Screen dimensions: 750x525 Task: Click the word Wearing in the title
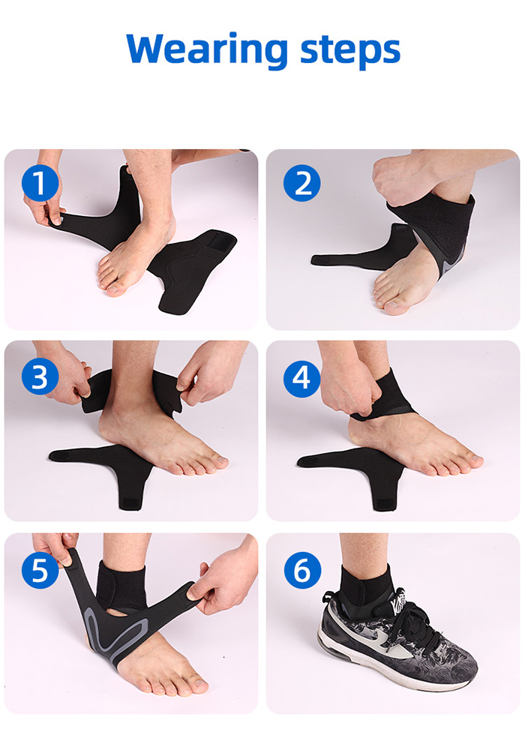tap(207, 49)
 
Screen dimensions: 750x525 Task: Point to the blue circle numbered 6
tap(301, 572)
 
